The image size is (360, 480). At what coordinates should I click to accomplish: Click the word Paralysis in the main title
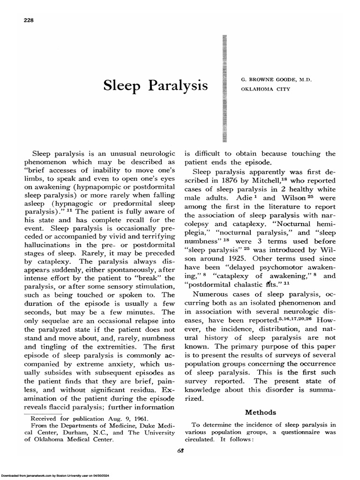(180, 86)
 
